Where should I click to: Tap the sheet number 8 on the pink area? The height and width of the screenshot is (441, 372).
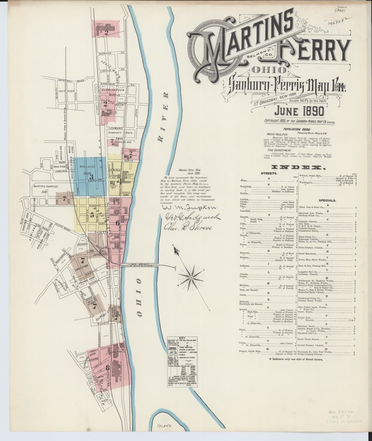pyautogui.click(x=108, y=367)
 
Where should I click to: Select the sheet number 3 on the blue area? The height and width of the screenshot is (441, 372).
pyautogui.click(x=91, y=176)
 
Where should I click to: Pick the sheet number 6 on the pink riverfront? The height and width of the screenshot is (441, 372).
pyautogui.click(x=118, y=223)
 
